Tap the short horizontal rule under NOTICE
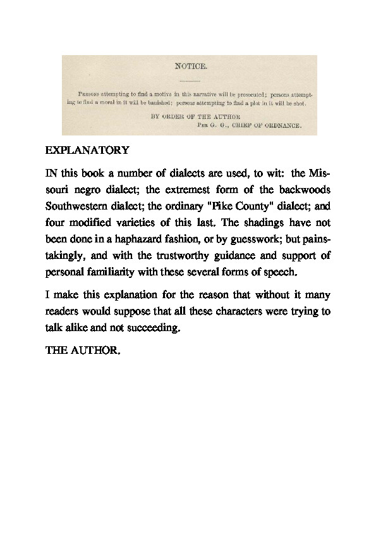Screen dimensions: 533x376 click(189, 81)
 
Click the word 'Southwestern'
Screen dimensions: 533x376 click(75, 206)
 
